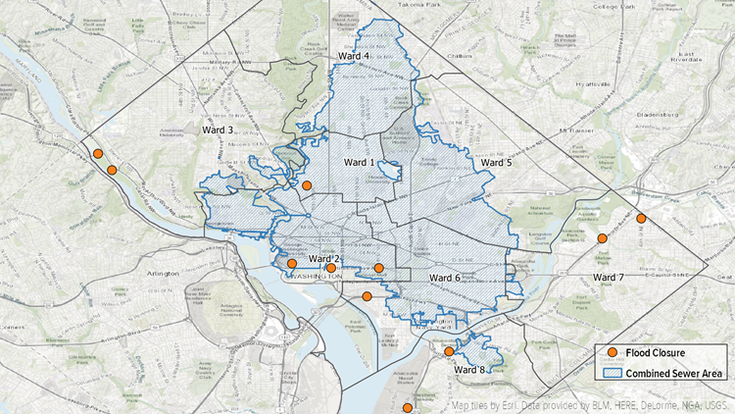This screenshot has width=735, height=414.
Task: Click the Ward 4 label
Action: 354,56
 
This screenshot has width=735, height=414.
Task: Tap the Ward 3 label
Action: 218,129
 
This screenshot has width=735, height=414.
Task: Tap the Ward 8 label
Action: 469,370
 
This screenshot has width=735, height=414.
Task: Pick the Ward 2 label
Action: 324,258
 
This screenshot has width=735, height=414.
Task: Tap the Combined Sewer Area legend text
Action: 675,373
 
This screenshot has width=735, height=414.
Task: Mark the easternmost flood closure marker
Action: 641,219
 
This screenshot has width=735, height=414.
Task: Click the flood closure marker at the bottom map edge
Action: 408,407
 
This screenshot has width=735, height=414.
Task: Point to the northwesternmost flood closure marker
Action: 97,153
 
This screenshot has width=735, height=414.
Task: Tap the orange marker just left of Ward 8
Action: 449,351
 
